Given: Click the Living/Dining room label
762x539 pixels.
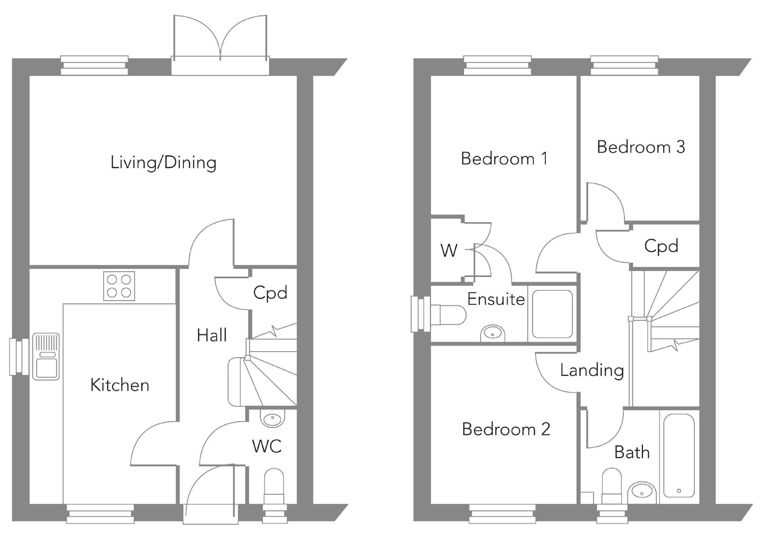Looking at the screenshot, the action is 163,163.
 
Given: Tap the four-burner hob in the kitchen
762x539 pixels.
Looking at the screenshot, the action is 119,286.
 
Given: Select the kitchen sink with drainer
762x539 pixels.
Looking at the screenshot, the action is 46,356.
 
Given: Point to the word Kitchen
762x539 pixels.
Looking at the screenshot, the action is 120,385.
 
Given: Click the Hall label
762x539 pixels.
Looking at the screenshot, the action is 211,335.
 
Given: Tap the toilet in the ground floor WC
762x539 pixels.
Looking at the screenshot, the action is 274,486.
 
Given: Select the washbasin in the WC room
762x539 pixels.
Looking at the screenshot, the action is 272,418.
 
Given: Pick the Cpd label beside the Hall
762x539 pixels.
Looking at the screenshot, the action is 270,293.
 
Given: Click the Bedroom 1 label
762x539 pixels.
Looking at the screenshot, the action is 504,159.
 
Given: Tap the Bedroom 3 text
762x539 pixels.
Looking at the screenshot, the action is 641,147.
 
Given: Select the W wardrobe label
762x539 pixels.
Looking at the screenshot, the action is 449,251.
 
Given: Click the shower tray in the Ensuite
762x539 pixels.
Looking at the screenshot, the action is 552,314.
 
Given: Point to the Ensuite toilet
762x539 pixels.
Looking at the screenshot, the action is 448,315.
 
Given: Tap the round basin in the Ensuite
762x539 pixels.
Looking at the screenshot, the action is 492,334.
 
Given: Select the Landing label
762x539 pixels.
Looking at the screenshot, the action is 592,371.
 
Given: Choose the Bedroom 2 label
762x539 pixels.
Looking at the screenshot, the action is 506,429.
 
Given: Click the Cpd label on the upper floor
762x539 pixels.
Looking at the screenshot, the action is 662,246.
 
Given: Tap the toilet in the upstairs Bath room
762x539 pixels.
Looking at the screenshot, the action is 612,486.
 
